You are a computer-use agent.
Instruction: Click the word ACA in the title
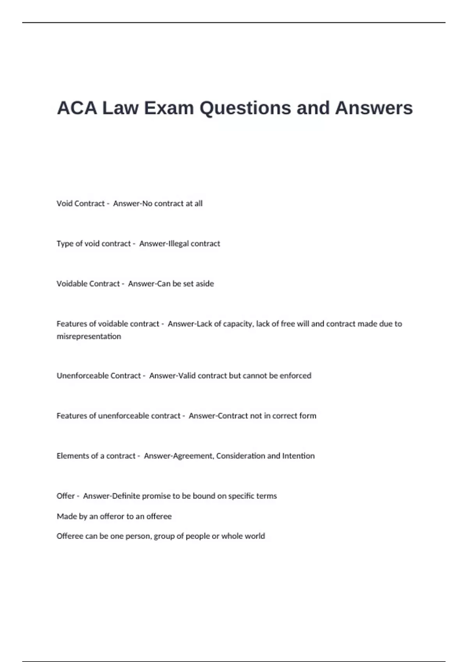point(77,108)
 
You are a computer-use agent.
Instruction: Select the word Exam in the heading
point(169,108)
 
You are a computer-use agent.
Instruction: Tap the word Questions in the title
point(245,108)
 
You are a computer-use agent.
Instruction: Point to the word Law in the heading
point(120,108)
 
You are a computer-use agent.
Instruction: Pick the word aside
point(205,284)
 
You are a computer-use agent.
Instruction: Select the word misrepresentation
point(89,336)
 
